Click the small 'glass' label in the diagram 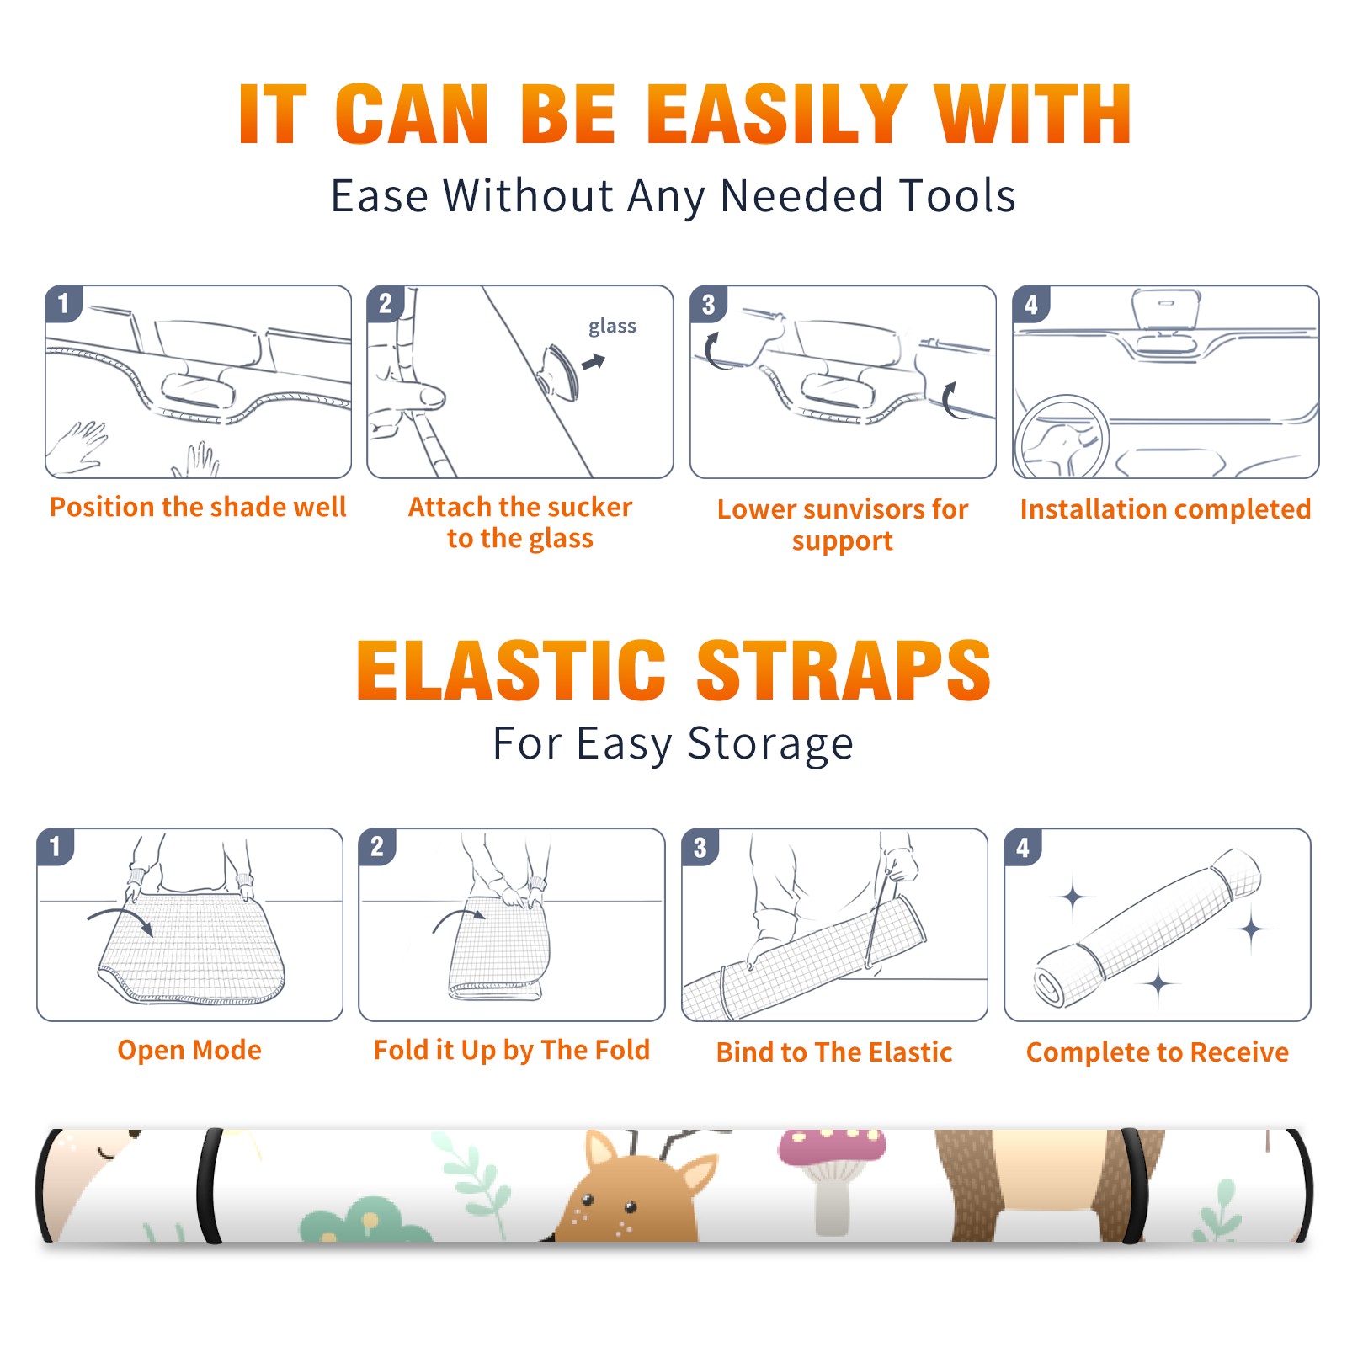click(612, 327)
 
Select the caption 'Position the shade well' click(198, 507)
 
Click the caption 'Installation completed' click(1165, 508)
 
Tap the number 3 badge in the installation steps click(708, 304)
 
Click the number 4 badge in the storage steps click(1023, 847)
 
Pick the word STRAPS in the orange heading click(844, 670)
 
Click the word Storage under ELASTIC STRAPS click(770, 744)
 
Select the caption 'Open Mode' click(189, 1050)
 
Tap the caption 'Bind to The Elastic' click(834, 1052)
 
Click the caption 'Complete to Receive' click(1158, 1052)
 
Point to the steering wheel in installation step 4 click(1062, 438)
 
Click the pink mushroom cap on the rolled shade click(832, 1147)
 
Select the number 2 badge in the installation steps click(386, 304)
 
